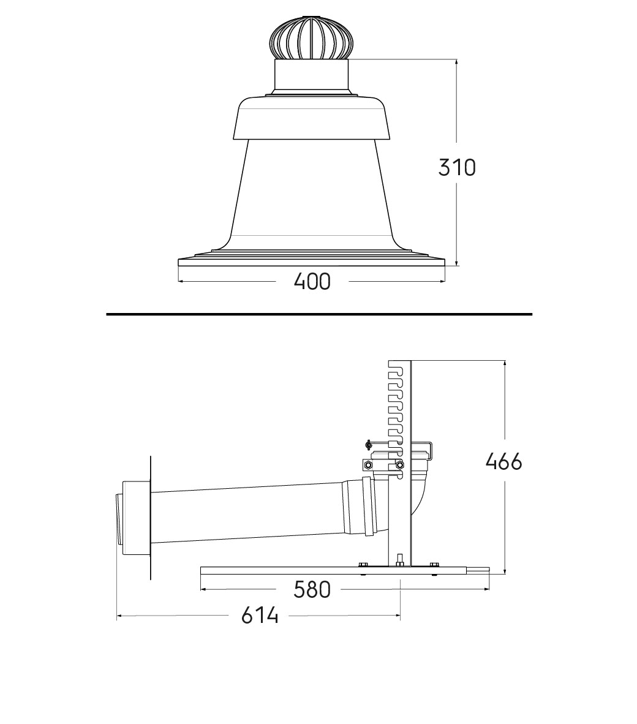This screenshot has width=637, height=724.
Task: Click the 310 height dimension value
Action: coord(456,167)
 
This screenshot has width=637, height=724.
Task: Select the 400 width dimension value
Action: coord(312,282)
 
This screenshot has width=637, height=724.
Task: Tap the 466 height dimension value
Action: coord(503,461)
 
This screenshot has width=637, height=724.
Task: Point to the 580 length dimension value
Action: coord(312,590)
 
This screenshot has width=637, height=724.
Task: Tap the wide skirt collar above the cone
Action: coord(312,118)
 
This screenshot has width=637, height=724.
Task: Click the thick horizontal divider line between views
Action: coord(319,314)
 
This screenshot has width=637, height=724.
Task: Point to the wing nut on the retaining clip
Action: coord(368,445)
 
